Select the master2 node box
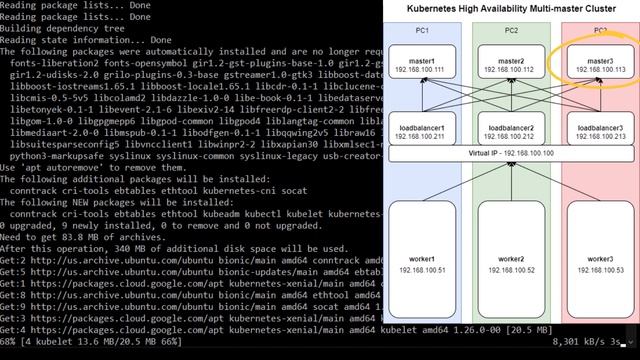pyautogui.click(x=510, y=66)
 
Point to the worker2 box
pyautogui.click(x=510, y=264)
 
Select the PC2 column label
pyautogui.click(x=510, y=31)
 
